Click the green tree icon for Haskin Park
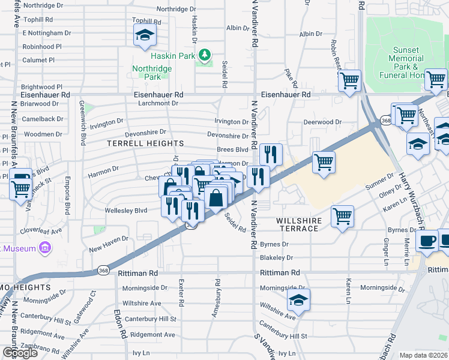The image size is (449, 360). click(205, 56)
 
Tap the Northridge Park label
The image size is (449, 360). click(152, 73)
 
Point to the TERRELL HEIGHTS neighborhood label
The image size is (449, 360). click(145, 143)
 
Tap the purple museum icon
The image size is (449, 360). click(44, 247)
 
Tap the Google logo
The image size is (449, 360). click(20, 353)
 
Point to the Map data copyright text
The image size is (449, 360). click(423, 355)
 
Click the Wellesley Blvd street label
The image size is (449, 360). click(126, 211)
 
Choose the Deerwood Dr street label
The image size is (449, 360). click(322, 122)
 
